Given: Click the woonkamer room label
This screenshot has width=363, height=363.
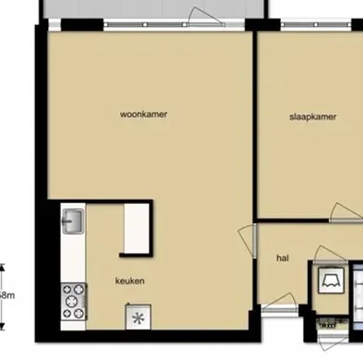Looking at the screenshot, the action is [x=143, y=114].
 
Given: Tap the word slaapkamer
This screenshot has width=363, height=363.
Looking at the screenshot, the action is [x=313, y=117].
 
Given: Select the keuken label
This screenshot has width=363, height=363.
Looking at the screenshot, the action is [x=129, y=281].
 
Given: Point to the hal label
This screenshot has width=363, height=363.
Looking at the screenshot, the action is [x=282, y=258].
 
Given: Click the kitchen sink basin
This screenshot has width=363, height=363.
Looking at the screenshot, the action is [x=73, y=221].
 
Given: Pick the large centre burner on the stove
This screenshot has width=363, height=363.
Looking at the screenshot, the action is [x=72, y=302].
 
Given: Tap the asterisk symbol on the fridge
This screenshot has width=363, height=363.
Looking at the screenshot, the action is [x=138, y=318].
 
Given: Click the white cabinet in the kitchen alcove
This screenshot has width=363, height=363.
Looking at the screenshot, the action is [x=137, y=228].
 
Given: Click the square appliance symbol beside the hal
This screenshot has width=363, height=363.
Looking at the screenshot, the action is [x=331, y=280].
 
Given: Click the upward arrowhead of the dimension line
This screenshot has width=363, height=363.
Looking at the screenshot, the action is [x=2, y=267].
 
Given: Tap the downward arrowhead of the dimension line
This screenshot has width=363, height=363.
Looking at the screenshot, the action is [x=2, y=327].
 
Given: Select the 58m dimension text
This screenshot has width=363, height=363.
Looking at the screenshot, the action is [x=7, y=296].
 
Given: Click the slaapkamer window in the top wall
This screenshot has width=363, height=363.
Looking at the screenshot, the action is [x=316, y=24].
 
